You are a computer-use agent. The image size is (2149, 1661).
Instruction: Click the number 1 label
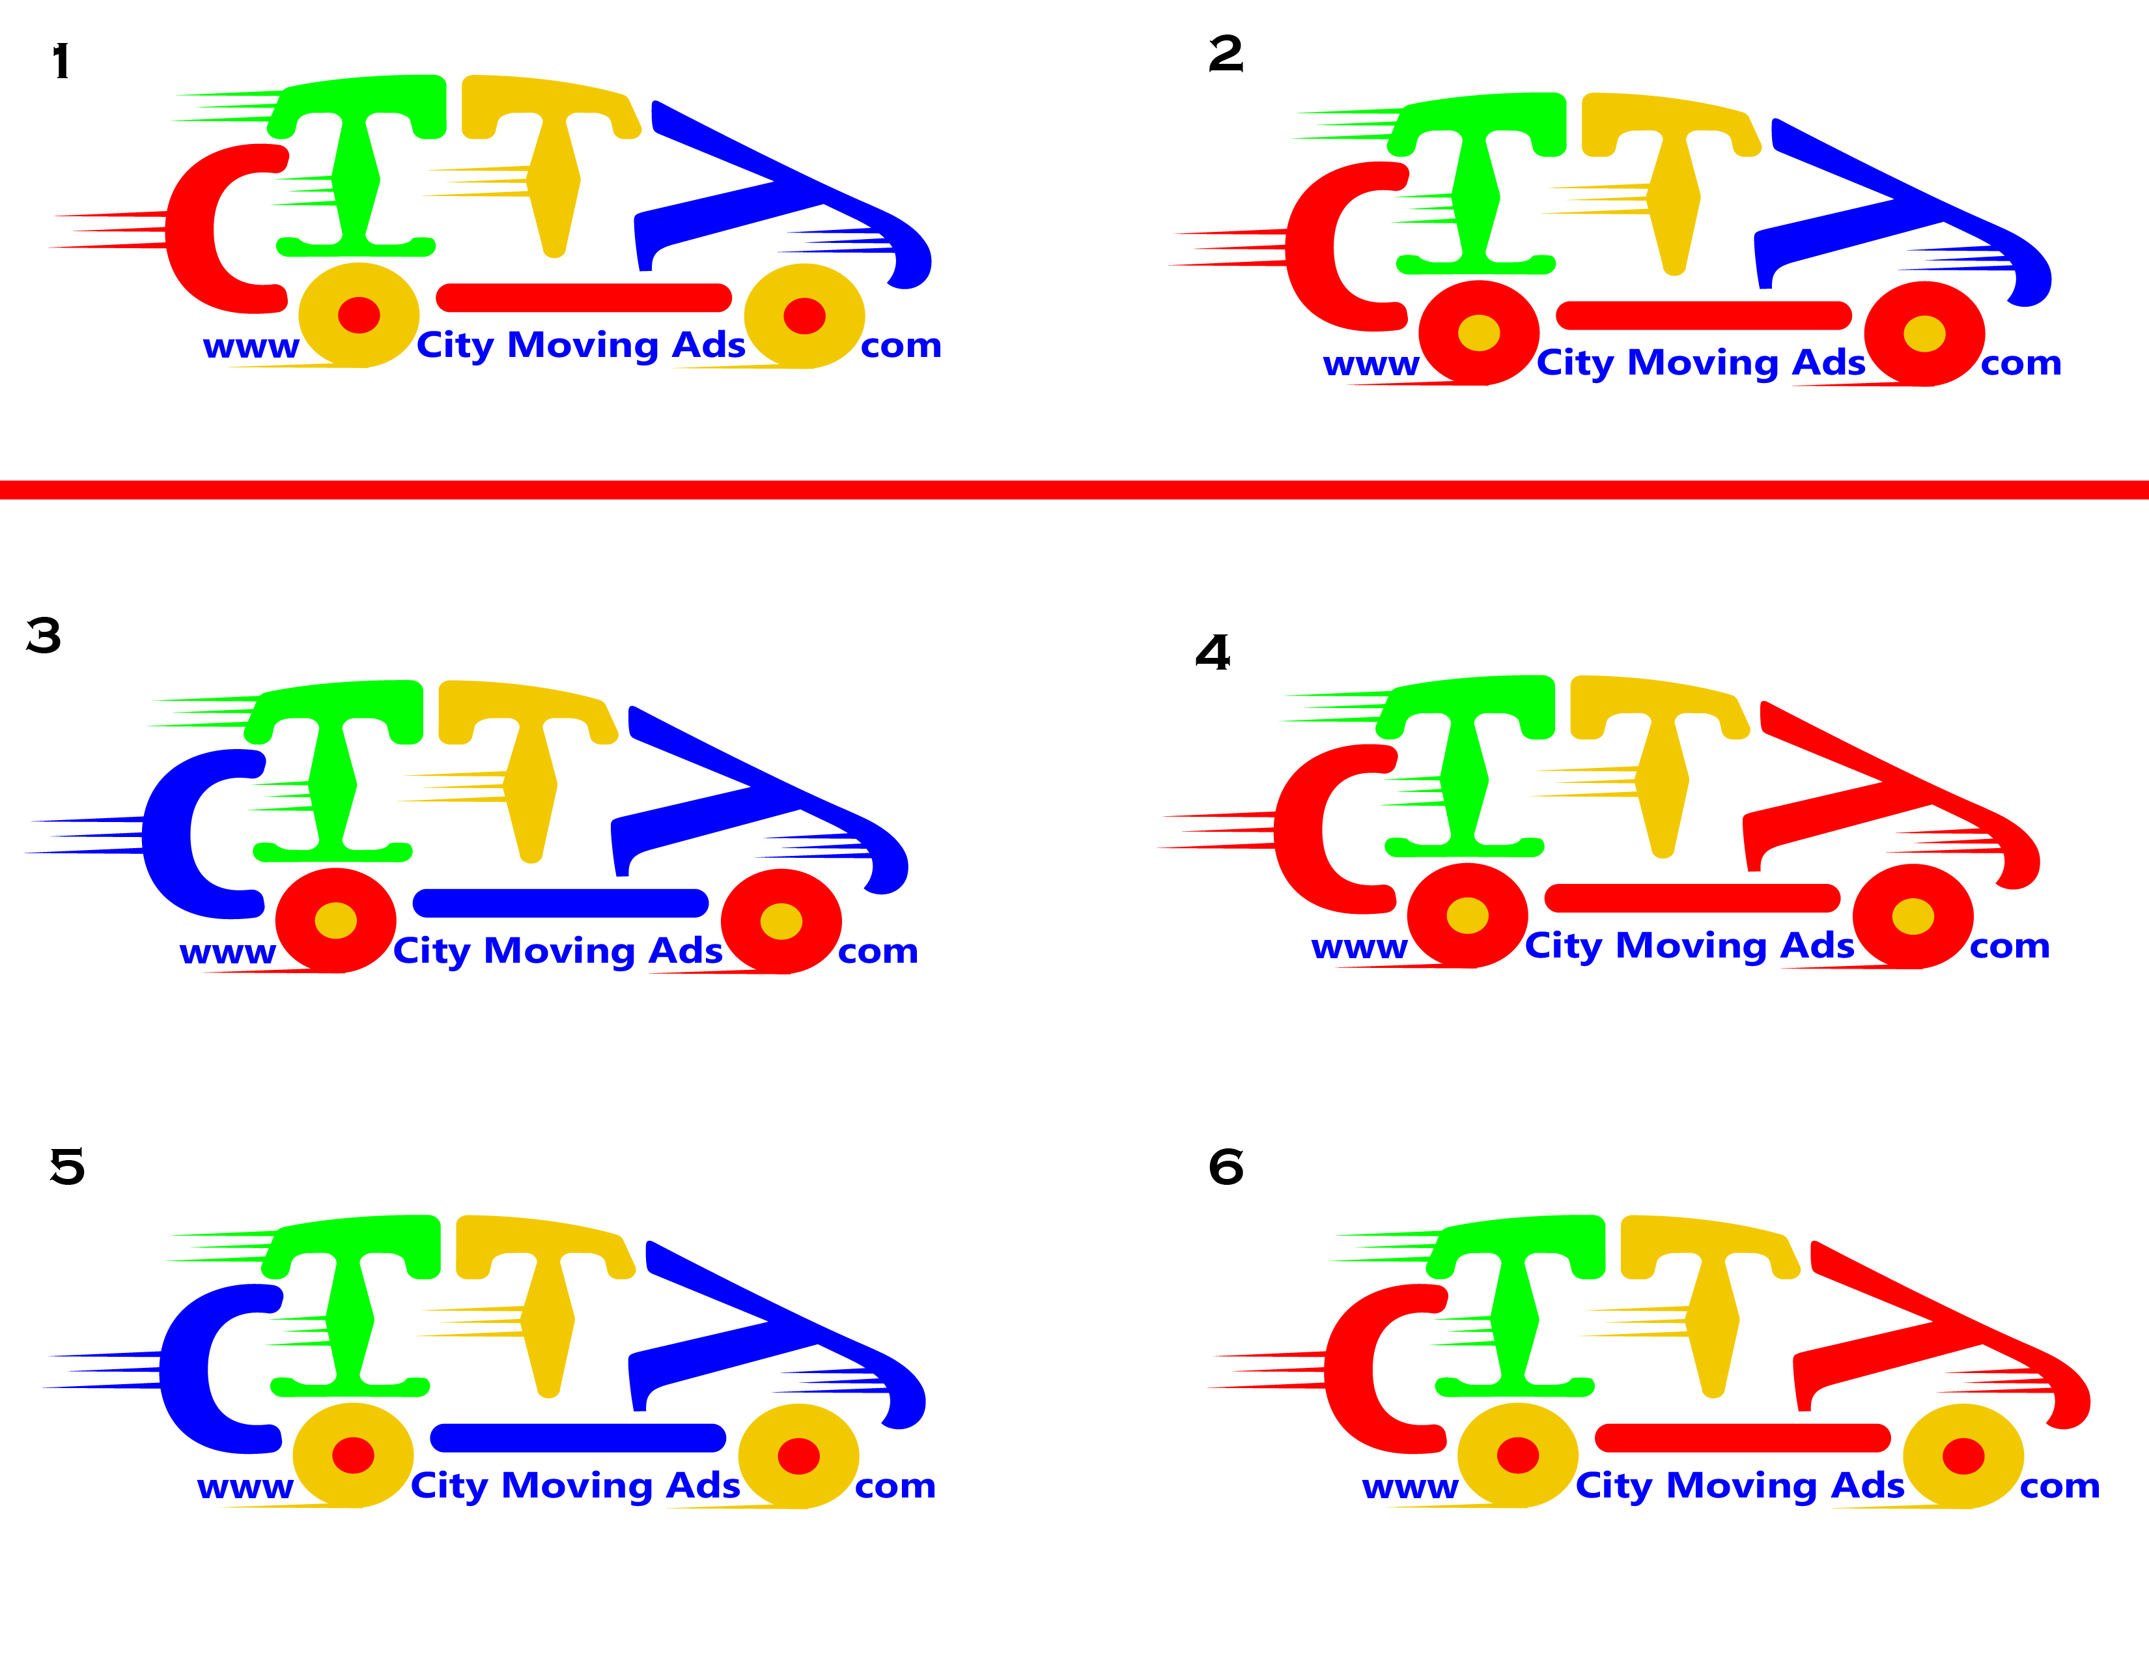click(x=61, y=61)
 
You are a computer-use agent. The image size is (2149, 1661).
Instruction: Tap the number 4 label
click(x=1213, y=653)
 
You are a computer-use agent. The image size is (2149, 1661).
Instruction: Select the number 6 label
click(x=1226, y=1167)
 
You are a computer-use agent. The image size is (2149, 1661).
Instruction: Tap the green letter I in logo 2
click(x=1476, y=197)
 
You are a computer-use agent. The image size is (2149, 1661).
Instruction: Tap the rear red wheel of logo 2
click(x=1479, y=333)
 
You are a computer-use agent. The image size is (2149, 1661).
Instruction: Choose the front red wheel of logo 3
click(x=781, y=921)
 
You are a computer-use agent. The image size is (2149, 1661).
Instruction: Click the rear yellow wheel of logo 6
click(x=1517, y=1455)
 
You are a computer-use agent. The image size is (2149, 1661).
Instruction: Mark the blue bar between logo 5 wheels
click(x=578, y=1438)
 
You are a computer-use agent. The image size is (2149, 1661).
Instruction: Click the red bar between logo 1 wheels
click(x=583, y=297)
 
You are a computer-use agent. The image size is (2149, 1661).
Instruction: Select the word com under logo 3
click(x=878, y=952)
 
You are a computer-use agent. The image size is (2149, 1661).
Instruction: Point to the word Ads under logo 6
click(x=1866, y=1485)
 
